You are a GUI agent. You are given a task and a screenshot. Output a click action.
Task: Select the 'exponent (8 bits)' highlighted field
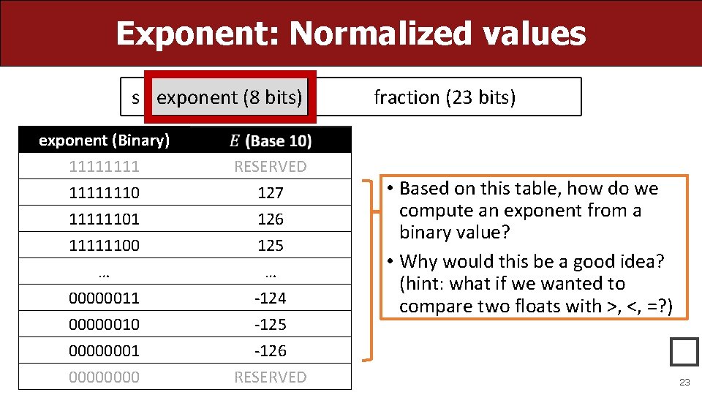click(x=229, y=97)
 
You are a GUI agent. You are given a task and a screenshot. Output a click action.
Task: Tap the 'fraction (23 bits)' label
click(x=445, y=97)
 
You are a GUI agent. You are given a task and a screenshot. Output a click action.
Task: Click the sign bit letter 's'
click(x=135, y=97)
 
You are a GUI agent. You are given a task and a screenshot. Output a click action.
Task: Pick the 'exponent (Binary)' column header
click(x=104, y=140)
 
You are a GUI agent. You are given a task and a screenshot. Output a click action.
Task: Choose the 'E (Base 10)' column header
click(x=271, y=140)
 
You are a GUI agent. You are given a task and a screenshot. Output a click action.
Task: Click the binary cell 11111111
click(x=104, y=167)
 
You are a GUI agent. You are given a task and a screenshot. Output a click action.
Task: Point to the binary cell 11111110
click(x=104, y=193)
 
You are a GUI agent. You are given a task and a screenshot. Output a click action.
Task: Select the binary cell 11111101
click(x=104, y=219)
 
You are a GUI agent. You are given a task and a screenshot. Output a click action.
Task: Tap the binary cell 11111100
click(x=104, y=246)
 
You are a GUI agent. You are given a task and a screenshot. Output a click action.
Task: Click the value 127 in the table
click(x=271, y=193)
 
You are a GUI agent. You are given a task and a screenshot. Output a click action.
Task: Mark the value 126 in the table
click(x=271, y=219)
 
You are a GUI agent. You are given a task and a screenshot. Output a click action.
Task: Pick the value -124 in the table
click(x=271, y=298)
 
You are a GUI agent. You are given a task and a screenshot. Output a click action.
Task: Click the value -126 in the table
click(x=271, y=351)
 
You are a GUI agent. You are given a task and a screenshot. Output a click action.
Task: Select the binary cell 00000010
click(x=104, y=325)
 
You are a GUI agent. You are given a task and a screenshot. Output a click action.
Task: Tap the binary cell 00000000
click(x=104, y=377)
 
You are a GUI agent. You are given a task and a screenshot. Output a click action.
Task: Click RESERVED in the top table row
click(x=271, y=167)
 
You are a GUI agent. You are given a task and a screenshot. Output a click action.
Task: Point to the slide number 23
click(x=684, y=383)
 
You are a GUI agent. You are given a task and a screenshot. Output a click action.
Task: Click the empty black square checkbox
click(x=684, y=352)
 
